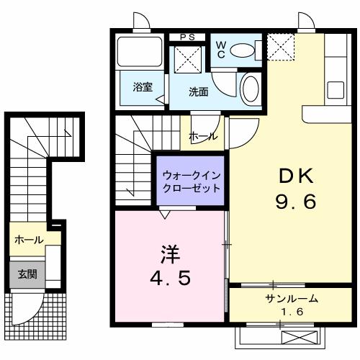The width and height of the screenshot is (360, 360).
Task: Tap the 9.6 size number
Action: click(x=294, y=202)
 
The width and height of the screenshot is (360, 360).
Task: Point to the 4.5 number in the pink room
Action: click(x=170, y=278)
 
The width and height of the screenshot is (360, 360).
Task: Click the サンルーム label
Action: click(x=292, y=299)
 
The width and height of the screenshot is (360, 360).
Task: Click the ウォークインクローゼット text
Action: click(x=191, y=181)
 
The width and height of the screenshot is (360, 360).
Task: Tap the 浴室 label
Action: click(x=143, y=88)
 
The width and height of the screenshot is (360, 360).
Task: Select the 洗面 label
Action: click(x=198, y=91)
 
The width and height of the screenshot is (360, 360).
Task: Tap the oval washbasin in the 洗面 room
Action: click(x=251, y=89)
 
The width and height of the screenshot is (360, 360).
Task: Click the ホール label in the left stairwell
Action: click(x=28, y=240)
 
